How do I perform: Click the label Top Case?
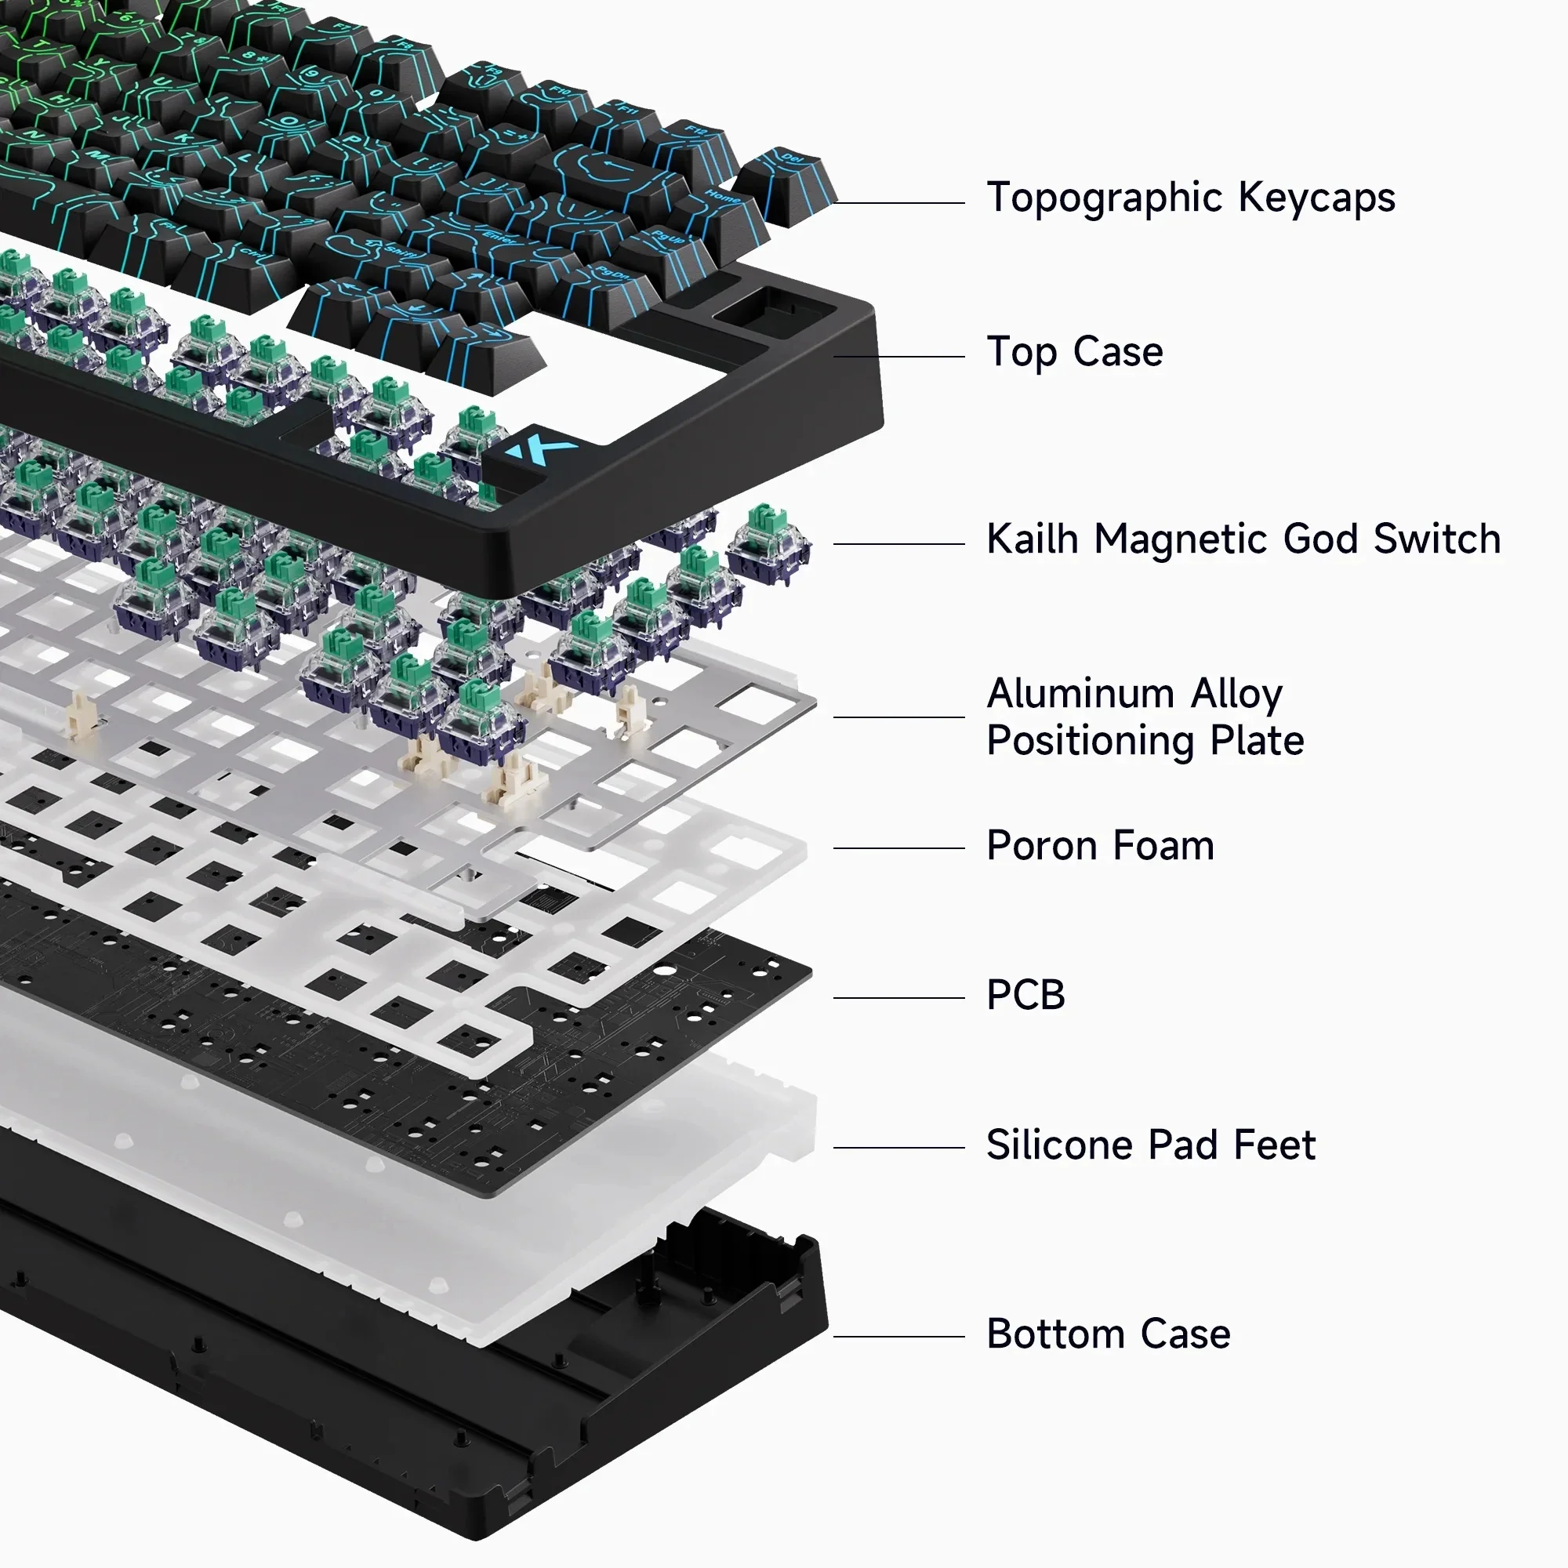[x=1075, y=352]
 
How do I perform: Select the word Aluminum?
[x=1080, y=694]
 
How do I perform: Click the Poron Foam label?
[x=1100, y=846]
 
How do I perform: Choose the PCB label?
[x=1025, y=995]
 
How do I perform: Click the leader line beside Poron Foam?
[x=898, y=848]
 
